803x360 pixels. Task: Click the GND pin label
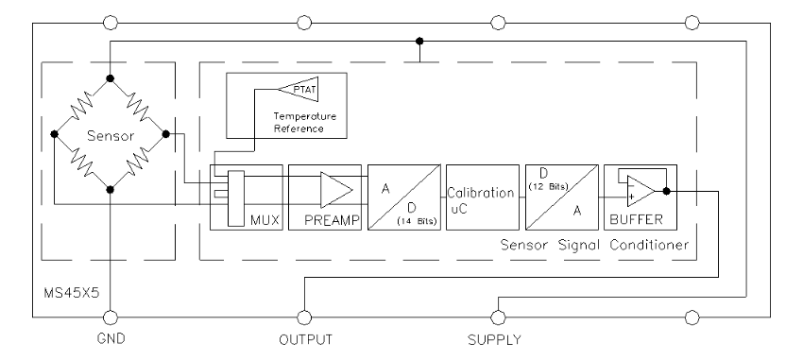pyautogui.click(x=111, y=339)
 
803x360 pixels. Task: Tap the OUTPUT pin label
pyautogui.click(x=306, y=339)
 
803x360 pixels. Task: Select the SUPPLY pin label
pyautogui.click(x=494, y=339)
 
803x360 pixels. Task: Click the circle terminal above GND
pyautogui.click(x=111, y=317)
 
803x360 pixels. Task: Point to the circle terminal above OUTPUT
pyautogui.click(x=304, y=317)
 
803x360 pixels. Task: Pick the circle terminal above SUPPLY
pyautogui.click(x=498, y=317)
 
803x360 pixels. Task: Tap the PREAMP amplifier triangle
pyautogui.click(x=336, y=190)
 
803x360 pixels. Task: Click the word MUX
pyautogui.click(x=265, y=220)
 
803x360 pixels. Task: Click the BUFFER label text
pyautogui.click(x=636, y=220)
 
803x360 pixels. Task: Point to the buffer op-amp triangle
pyautogui.click(x=641, y=191)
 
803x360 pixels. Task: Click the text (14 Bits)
pyautogui.click(x=418, y=221)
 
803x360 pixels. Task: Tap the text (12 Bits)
pyautogui.click(x=549, y=186)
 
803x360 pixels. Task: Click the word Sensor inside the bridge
pyautogui.click(x=111, y=136)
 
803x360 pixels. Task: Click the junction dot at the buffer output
pyautogui.click(x=666, y=191)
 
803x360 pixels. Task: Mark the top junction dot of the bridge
pyautogui.click(x=110, y=78)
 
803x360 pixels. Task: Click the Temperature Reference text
pyautogui.click(x=305, y=123)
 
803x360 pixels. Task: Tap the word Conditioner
pyautogui.click(x=649, y=245)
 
